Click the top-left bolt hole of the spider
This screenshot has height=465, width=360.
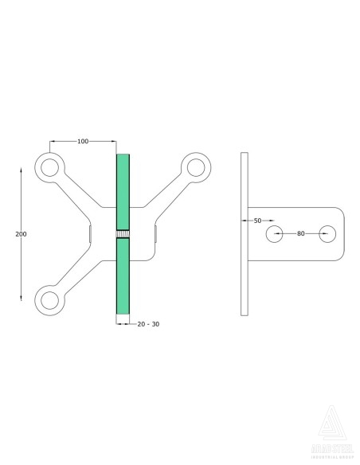coord(50,167)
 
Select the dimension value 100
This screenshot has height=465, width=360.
coord(83,141)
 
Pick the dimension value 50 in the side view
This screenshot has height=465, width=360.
coord(257,219)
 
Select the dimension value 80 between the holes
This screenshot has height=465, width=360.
coord(301,233)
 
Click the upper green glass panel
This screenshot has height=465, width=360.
coord(124,191)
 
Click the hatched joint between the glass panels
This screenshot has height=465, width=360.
coord(124,234)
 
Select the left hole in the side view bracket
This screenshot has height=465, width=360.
coord(275,234)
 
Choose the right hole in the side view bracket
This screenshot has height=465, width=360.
coord(327,234)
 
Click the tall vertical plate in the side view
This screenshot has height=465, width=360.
coord(245,233)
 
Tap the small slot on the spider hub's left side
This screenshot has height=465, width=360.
coord(91,234)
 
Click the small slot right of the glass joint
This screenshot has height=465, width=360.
coord(156,234)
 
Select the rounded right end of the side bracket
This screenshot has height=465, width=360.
coord(341,234)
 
